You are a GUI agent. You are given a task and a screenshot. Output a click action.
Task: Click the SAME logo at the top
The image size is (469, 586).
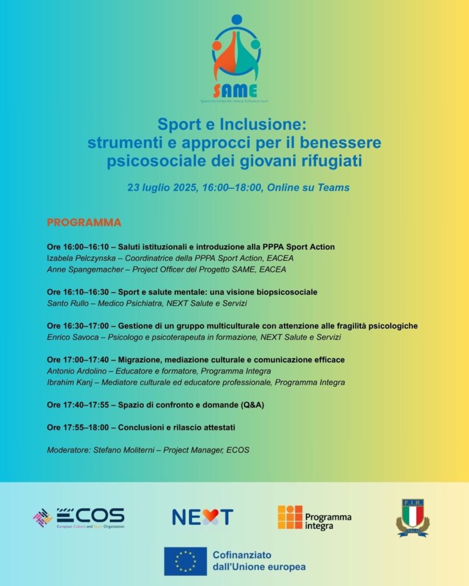tap(235, 57)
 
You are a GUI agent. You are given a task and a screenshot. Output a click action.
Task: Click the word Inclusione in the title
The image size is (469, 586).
tap(262, 124)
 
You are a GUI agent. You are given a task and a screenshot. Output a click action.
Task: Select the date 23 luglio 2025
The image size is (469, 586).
tap(162, 188)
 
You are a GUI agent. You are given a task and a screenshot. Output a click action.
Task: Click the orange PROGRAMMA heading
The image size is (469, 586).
tap(84, 222)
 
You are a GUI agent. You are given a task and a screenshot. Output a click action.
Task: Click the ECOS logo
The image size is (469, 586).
tap(79, 517)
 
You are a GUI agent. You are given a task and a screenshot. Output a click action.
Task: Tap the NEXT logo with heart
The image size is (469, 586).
tap(202, 517)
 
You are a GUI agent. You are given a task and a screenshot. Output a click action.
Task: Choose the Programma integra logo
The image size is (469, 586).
tap(314, 517)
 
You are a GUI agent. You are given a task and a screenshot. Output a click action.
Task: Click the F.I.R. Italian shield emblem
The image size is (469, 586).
tap(412, 517)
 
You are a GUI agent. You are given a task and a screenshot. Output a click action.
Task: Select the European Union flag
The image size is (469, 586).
tap(186, 561)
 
